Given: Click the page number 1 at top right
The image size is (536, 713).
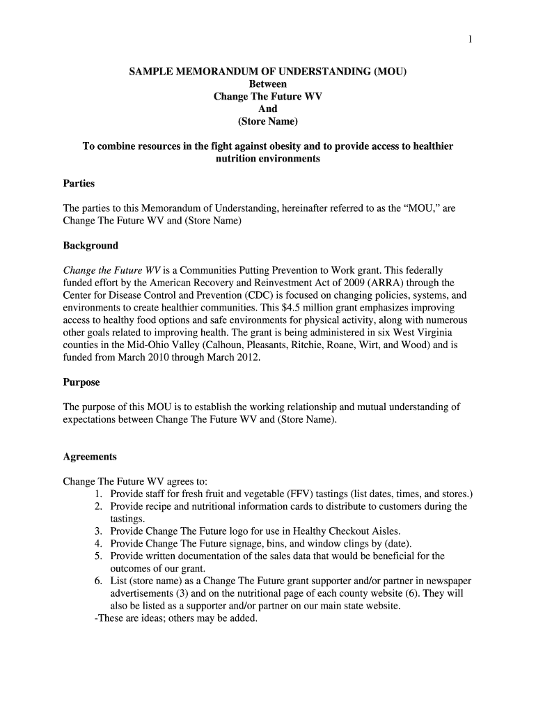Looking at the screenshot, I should point(471,40).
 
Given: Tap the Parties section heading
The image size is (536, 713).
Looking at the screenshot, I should point(79,184).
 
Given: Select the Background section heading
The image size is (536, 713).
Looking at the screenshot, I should point(90,245).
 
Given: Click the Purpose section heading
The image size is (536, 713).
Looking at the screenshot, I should point(81,382).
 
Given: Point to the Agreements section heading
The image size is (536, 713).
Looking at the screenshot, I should point(90,457).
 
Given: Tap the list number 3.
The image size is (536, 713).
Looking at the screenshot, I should point(99,531).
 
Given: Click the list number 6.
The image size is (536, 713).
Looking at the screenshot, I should point(99,581).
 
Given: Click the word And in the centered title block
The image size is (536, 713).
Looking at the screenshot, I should point(267,109).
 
